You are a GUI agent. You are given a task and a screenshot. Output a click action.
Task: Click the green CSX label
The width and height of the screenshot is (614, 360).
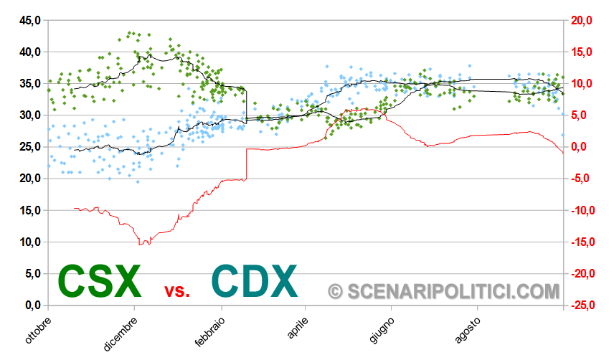pos(99,281)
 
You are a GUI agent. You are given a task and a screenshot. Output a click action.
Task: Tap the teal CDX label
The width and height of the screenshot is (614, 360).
pos(255,281)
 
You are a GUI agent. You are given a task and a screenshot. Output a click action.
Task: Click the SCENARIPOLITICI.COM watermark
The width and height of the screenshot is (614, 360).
pos(443,290)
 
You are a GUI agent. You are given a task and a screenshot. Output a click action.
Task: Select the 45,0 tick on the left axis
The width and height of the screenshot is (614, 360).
pos(29,20)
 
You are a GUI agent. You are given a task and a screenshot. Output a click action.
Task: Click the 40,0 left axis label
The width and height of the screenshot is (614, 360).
pos(29,52)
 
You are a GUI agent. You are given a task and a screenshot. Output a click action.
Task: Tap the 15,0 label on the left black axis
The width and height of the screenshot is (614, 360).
pos(29,210)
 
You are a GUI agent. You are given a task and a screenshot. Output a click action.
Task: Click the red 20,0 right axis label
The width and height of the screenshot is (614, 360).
pos(580,20)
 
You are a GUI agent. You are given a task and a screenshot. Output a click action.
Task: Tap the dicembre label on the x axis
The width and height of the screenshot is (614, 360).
pos(120,333)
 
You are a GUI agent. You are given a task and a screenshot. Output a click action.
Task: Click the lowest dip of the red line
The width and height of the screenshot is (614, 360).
pos(144,244)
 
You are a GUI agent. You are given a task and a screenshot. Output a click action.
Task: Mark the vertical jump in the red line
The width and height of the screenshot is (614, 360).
pos(246,164)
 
